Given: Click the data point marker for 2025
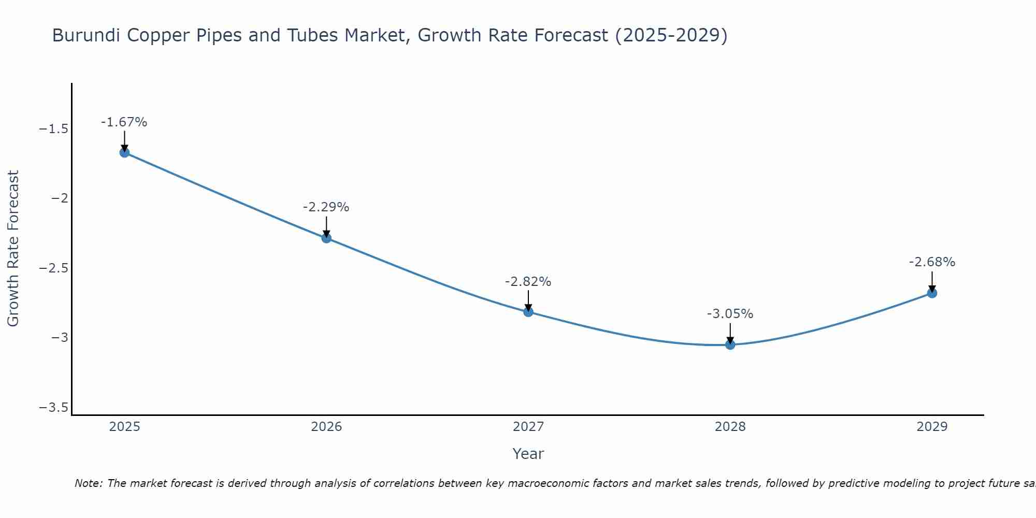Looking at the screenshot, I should click(124, 152).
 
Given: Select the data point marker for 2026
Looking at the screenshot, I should click(326, 238).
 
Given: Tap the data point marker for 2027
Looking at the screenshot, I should click(528, 312).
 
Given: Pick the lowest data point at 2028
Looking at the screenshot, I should click(730, 344).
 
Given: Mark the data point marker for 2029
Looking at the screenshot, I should click(932, 293).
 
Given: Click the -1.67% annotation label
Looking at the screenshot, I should click(124, 122).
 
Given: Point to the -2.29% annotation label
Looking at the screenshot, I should click(326, 207).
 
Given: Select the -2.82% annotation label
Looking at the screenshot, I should click(528, 282).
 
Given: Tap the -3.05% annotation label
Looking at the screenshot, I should click(730, 314).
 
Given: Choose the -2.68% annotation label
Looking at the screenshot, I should click(932, 262).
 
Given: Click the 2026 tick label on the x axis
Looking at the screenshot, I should click(326, 427).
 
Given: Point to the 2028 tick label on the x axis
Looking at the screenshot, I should click(730, 427).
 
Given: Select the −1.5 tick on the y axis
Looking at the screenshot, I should click(54, 129).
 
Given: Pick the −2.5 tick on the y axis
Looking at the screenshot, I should click(54, 268).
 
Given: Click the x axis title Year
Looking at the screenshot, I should click(528, 454).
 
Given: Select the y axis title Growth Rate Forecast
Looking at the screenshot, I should click(13, 249).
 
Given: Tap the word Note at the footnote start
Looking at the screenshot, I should click(88, 483).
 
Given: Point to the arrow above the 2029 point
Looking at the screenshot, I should click(932, 281).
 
